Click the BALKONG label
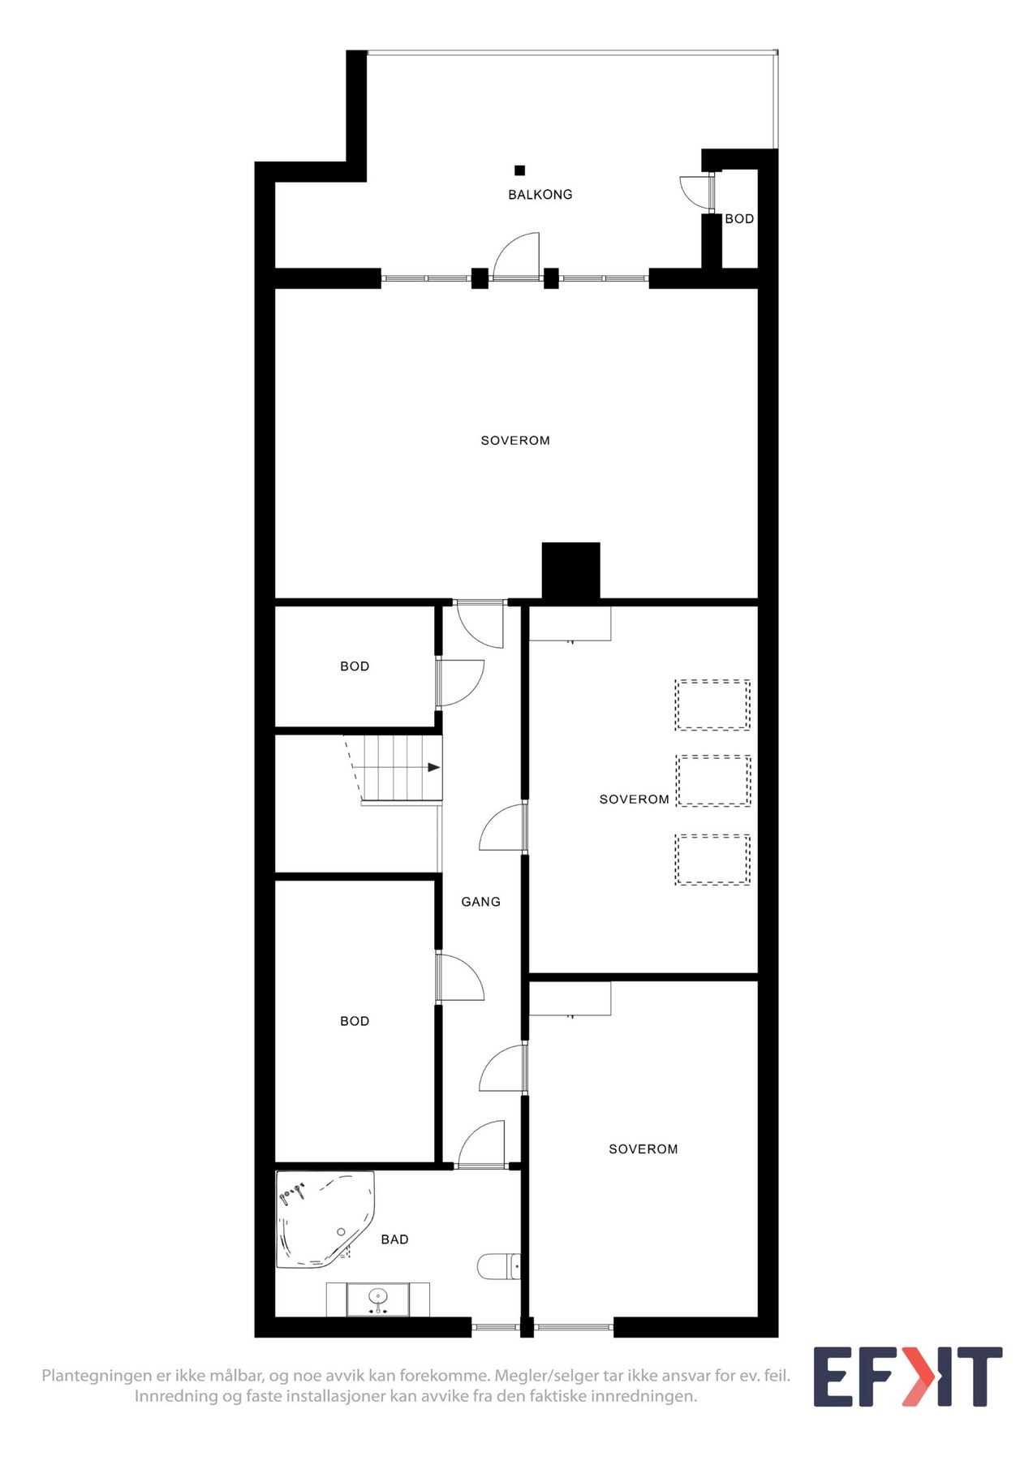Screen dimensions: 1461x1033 (540, 195)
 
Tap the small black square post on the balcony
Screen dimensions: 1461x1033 (519, 170)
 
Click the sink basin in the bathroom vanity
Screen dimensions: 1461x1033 (377, 1299)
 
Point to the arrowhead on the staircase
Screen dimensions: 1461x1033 (434, 767)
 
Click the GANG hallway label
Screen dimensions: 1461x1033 (480, 902)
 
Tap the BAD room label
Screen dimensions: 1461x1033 (394, 1239)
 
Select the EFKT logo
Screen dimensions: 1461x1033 (907, 1377)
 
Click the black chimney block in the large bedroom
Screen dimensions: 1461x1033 (570, 571)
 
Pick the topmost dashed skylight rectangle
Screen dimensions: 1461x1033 (712, 705)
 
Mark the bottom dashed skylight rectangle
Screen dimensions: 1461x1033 (712, 860)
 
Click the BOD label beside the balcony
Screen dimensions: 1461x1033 (739, 219)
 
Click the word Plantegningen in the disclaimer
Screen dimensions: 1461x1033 (96, 1376)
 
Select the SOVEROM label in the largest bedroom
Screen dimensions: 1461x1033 (515, 441)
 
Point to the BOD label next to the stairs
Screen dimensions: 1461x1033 (355, 666)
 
